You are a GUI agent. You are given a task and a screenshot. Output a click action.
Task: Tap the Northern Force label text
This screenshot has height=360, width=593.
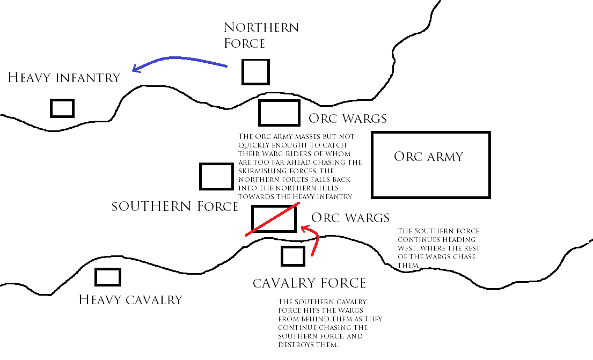tap(261, 35)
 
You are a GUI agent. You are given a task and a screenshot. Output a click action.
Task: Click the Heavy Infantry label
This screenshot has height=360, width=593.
tap(64, 77)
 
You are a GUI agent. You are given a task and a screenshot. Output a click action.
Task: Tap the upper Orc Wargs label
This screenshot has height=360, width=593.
tap(348, 119)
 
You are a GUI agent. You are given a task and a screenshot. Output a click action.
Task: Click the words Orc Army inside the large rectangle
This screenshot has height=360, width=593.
tap(428, 157)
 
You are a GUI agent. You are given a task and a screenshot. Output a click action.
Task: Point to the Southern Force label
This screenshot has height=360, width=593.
tap(175, 207)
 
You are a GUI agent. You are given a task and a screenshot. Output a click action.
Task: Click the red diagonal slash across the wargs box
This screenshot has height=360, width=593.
tap(273, 219)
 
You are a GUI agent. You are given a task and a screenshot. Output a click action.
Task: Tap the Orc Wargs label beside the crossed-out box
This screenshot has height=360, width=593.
tap(350, 218)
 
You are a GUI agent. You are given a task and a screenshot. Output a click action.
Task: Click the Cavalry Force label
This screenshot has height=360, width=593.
tap(309, 283)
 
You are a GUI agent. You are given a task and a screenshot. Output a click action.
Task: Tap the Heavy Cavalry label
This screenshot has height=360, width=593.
tap(130, 300)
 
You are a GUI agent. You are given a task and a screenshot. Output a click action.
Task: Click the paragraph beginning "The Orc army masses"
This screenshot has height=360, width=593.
tap(300, 166)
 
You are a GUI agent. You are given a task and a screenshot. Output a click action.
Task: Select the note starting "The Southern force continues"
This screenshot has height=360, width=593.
tap(438, 248)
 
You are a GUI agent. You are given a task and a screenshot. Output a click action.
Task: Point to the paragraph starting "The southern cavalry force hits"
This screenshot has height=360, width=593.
tap(330, 324)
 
